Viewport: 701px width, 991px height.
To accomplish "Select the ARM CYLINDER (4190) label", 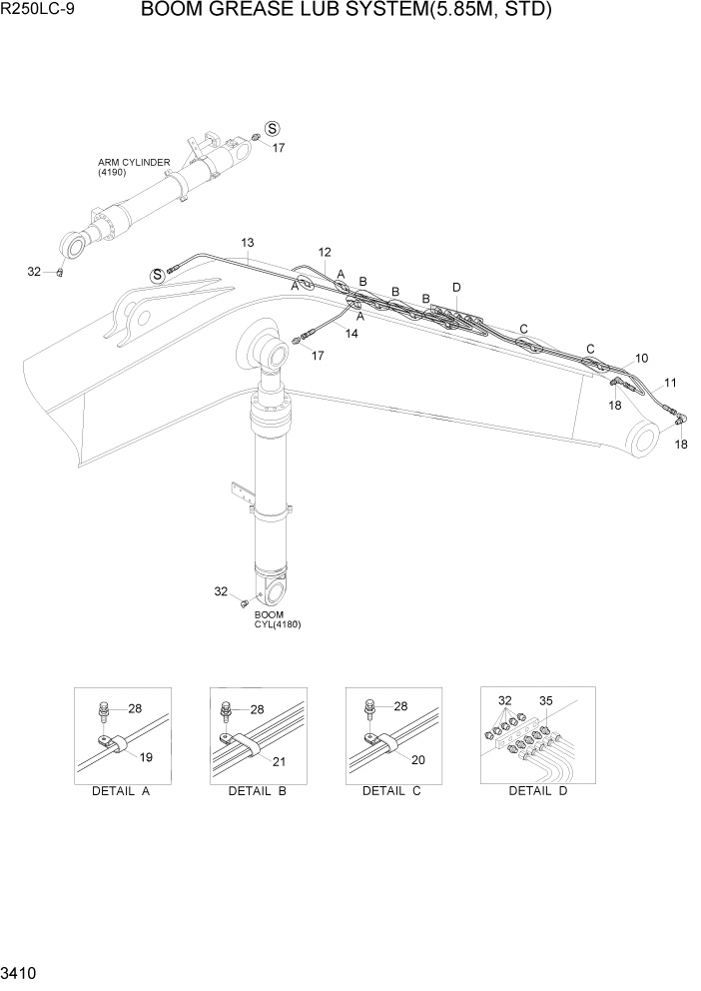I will pyautogui.click(x=133, y=167).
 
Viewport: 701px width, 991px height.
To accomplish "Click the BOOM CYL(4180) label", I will pyautogui.click(x=277, y=619).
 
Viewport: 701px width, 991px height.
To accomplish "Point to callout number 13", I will pyautogui.click(x=248, y=243).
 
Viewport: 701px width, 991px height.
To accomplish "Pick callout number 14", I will pyautogui.click(x=351, y=333).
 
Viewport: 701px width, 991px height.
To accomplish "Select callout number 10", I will pyautogui.click(x=641, y=357).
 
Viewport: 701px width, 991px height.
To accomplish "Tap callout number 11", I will pyautogui.click(x=669, y=382).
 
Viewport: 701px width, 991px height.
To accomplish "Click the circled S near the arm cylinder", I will pyautogui.click(x=272, y=129).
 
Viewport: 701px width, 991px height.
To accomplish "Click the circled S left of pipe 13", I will pyautogui.click(x=156, y=275).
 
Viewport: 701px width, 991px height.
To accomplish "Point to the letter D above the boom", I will pyautogui.click(x=456, y=288).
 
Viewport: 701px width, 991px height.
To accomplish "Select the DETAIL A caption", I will pyautogui.click(x=121, y=791).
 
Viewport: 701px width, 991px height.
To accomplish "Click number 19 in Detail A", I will pyautogui.click(x=146, y=758).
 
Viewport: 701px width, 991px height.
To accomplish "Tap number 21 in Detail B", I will pyautogui.click(x=279, y=761).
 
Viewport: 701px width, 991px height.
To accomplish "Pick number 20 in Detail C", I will pyautogui.click(x=418, y=759).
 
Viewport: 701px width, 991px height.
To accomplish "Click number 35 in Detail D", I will pyautogui.click(x=546, y=700).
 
